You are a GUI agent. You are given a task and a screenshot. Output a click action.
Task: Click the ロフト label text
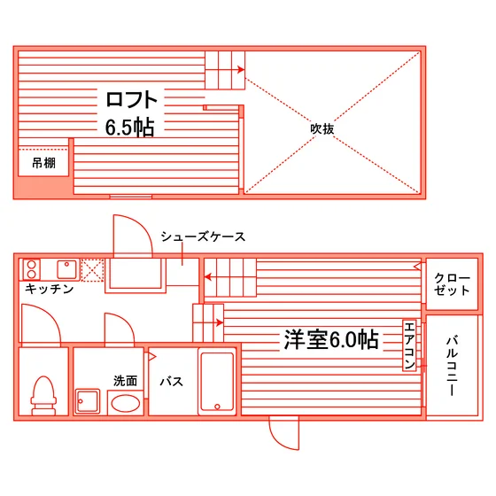131,99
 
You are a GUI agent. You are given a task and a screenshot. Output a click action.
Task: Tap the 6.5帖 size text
129,128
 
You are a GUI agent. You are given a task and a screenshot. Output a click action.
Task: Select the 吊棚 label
44,163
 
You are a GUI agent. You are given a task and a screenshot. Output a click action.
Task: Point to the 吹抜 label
322,128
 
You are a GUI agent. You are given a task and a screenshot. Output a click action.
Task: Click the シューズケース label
203,236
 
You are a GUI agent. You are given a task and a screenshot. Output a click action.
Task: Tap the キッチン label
50,289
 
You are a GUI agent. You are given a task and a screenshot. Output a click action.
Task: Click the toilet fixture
43,395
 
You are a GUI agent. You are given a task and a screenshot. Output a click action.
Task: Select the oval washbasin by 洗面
126,404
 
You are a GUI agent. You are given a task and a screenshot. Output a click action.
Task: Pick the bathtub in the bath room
217,382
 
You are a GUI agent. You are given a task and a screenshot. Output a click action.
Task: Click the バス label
172,382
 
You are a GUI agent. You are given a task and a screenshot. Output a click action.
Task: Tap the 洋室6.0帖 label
331,340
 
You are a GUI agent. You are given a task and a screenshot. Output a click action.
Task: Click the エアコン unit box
409,345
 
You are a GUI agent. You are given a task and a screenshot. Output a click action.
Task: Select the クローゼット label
452,284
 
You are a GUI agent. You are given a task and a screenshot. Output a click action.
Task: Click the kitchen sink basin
66,269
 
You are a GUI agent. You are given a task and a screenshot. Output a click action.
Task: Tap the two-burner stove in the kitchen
32,269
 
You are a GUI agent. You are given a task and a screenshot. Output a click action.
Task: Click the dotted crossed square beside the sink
92,270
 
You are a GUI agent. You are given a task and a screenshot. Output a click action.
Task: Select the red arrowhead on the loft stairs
241,70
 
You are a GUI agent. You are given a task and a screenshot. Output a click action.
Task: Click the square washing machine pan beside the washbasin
88,402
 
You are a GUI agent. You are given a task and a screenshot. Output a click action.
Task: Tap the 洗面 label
125,381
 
